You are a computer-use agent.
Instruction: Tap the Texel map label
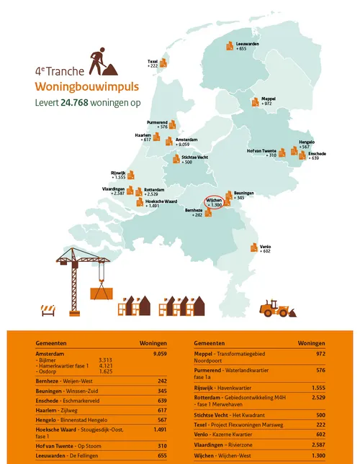pos(153,63)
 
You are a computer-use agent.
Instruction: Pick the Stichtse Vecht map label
pos(196,158)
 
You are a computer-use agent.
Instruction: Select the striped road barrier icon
pos(50,309)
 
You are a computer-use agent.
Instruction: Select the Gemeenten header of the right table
pos(208,343)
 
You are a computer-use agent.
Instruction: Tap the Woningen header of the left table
pos(153,343)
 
